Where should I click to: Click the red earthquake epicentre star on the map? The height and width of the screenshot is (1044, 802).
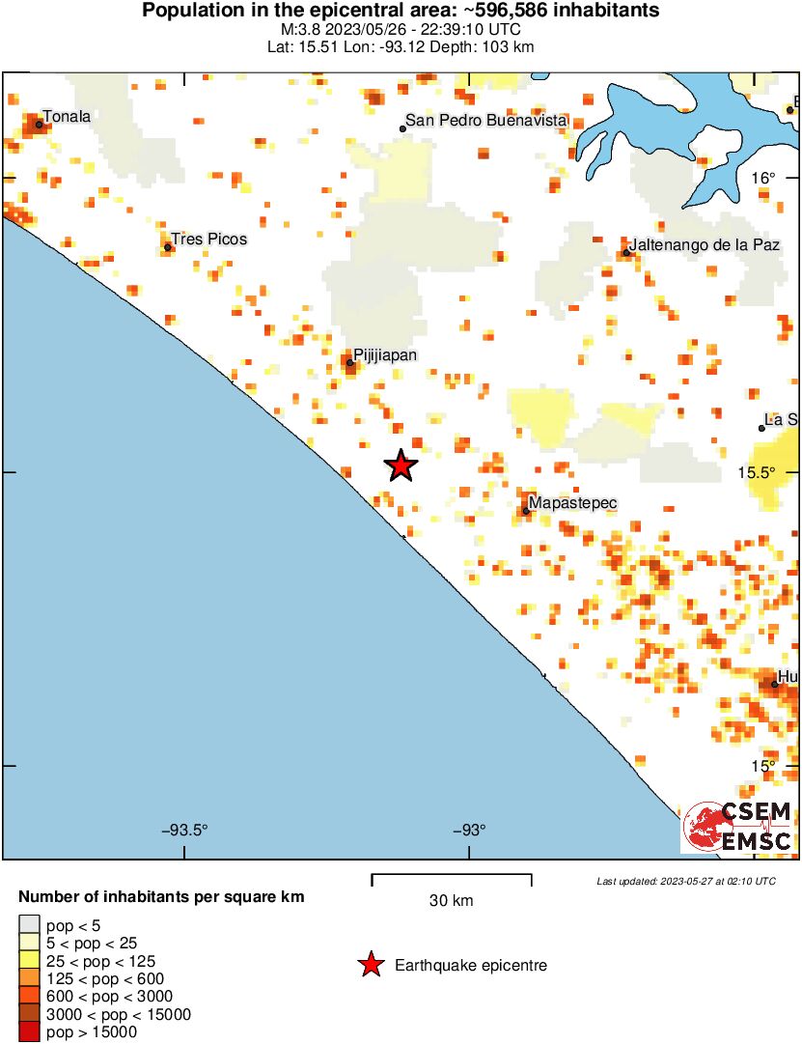(401, 466)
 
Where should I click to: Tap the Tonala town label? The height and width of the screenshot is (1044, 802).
(67, 117)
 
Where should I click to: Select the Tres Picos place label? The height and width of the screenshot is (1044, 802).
(208, 239)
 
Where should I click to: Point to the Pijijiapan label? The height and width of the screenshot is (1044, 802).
(385, 355)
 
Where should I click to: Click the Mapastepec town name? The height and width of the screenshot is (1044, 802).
(573, 503)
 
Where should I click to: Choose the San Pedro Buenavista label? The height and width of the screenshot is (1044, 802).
(486, 121)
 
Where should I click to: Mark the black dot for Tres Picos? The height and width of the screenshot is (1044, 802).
(168, 247)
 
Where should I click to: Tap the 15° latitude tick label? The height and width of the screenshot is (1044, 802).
(762, 766)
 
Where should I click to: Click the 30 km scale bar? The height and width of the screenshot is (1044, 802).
(452, 876)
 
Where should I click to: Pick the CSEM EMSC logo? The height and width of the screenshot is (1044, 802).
(738, 827)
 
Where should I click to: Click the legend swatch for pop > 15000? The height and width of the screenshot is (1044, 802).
(30, 1031)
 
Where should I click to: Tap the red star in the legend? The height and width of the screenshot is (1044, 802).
(370, 965)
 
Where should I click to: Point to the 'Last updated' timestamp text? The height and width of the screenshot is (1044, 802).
(685, 882)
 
